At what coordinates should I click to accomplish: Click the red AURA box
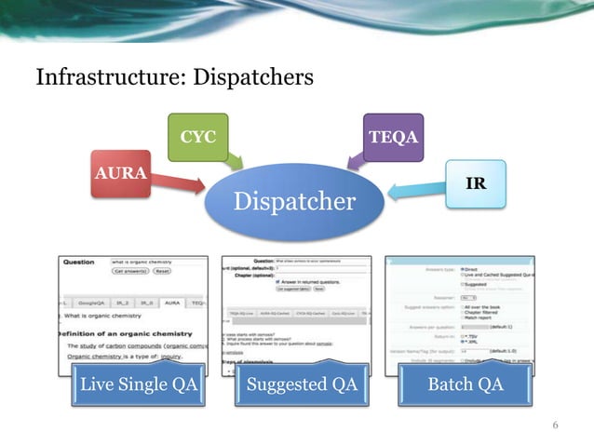click(x=121, y=173)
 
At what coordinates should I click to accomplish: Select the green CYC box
click(x=196, y=138)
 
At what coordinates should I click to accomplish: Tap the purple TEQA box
click(x=393, y=138)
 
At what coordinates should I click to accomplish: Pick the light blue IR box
click(x=474, y=182)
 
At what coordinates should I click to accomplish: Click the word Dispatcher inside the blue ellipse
click(x=294, y=201)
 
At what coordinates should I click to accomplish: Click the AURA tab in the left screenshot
click(x=171, y=303)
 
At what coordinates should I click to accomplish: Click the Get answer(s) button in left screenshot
click(x=131, y=272)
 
